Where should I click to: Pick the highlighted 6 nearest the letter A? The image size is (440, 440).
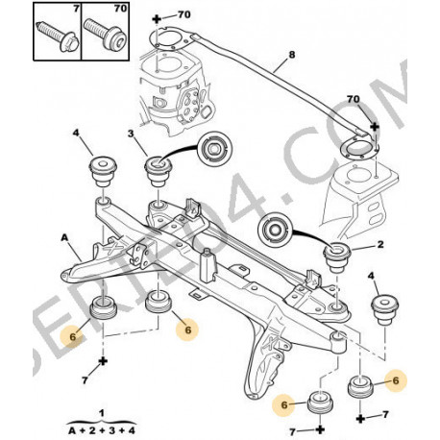[67, 336]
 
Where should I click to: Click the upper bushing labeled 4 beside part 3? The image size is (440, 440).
[101, 170]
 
